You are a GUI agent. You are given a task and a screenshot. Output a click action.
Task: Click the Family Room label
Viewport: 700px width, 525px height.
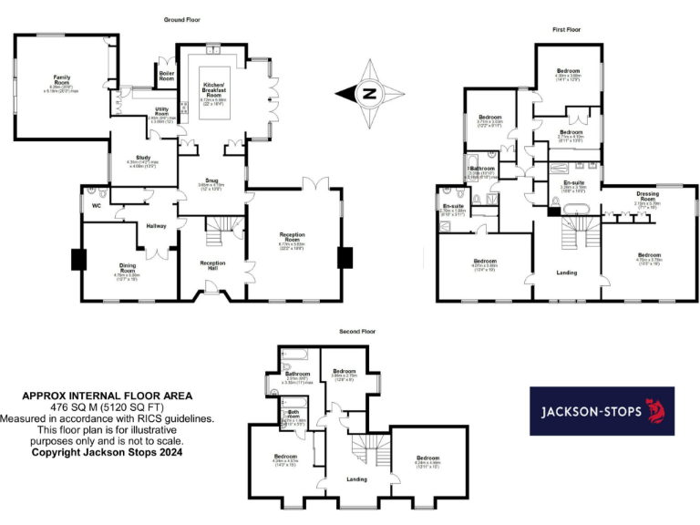point(62,78)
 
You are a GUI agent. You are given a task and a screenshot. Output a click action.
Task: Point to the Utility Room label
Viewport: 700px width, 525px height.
point(160,112)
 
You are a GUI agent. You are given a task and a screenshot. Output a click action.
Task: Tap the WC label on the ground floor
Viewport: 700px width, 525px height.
point(96,205)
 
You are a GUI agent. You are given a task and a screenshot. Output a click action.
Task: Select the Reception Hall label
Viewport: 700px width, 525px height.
point(212,263)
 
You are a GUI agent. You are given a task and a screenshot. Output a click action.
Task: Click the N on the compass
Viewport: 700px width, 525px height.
point(368,92)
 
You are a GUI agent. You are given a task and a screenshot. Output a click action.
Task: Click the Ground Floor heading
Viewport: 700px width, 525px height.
point(183,19)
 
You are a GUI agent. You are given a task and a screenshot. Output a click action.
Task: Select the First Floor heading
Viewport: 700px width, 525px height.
point(566,29)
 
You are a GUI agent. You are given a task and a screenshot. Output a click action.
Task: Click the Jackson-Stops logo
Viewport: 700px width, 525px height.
point(602,410)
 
